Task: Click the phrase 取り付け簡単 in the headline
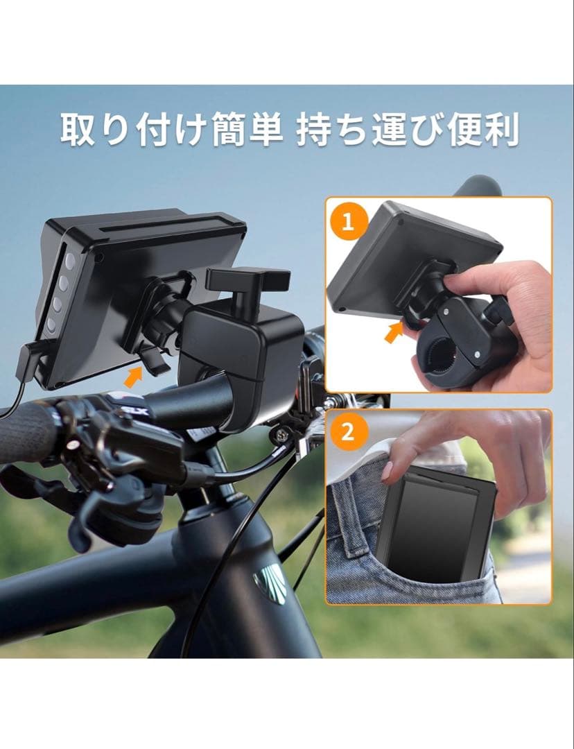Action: coord(171,130)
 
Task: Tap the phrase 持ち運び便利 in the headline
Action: coord(408,130)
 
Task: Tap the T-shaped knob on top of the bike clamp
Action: coord(247,281)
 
